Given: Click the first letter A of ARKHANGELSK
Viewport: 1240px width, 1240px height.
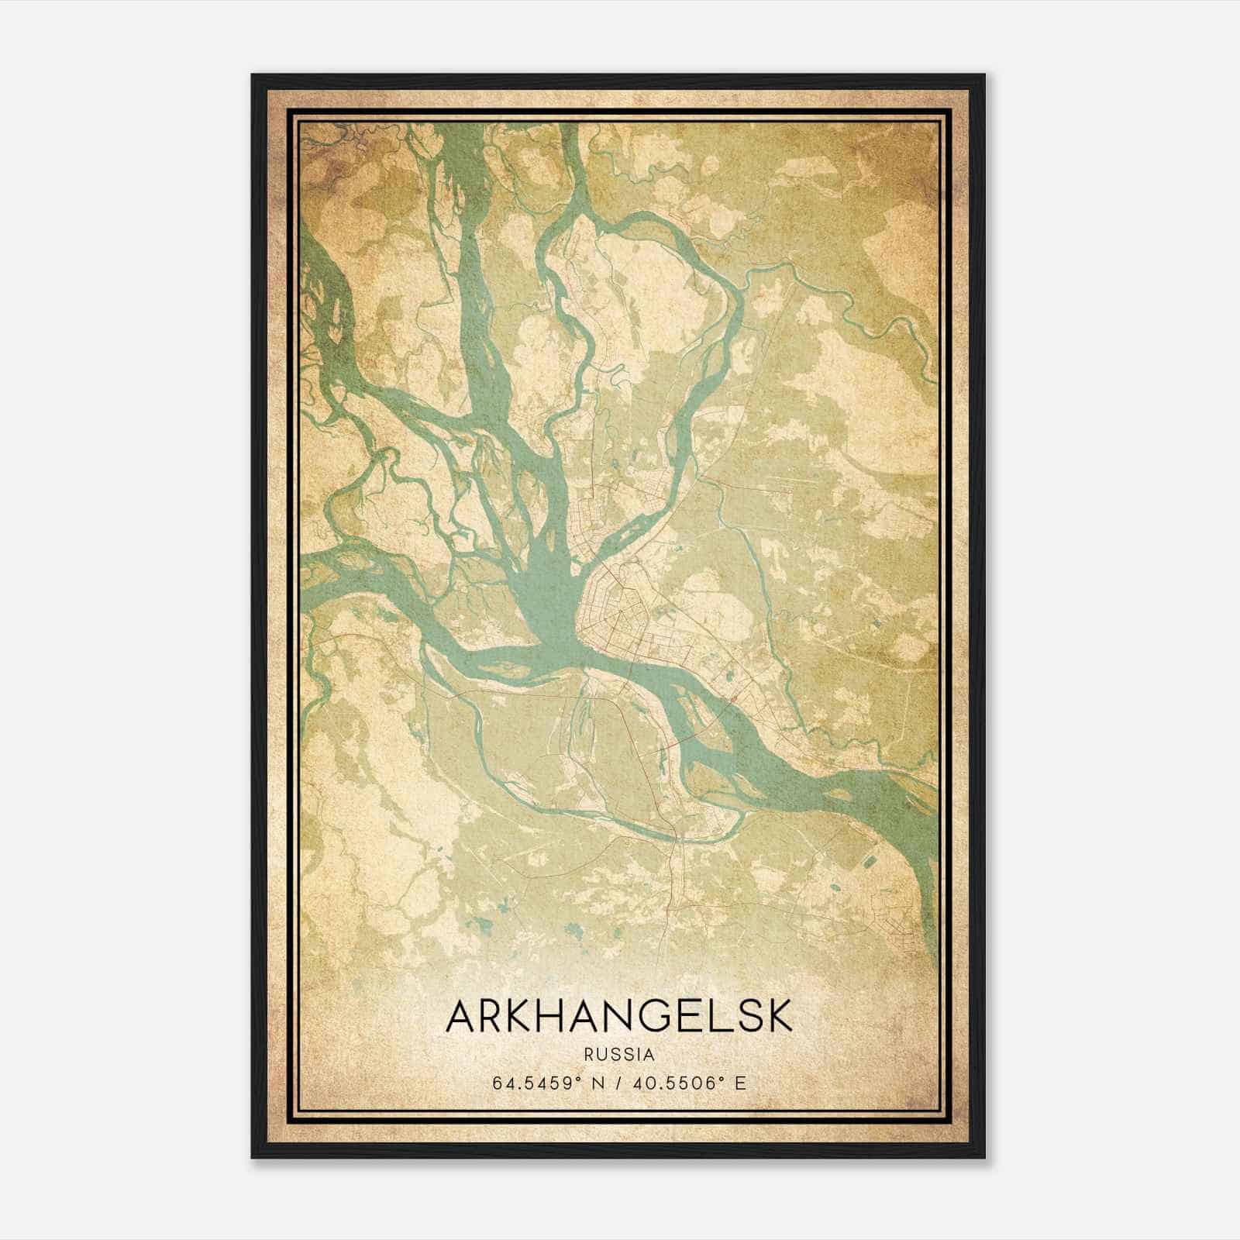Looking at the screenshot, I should coord(462,1017).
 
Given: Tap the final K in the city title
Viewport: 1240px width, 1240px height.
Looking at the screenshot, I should coord(780,1017).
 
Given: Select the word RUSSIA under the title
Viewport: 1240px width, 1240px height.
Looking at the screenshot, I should coord(619,1055).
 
